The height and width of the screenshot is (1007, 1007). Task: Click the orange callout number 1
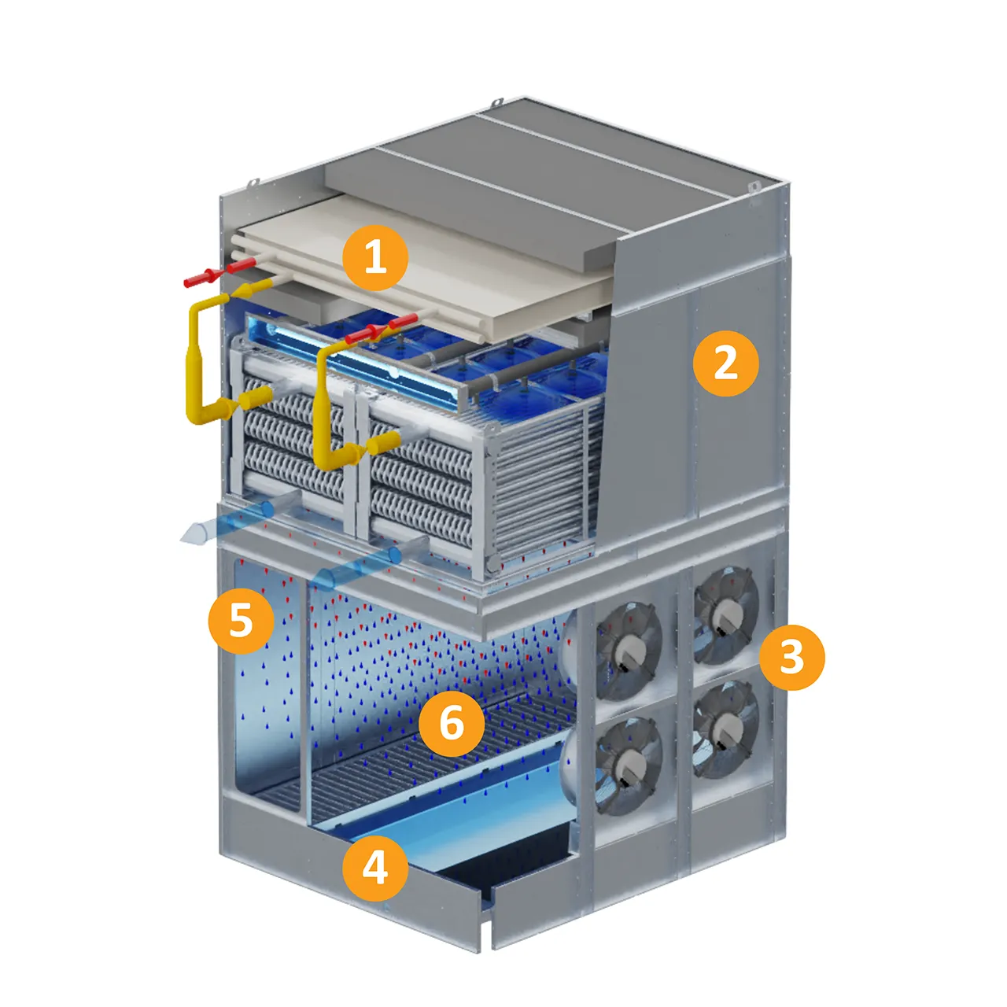tap(374, 258)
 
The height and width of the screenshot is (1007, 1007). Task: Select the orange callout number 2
tap(726, 363)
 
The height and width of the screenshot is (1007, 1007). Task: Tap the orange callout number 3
tap(791, 657)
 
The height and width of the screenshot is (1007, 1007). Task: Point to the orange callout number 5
tap(241, 620)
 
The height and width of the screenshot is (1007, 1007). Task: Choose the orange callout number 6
tap(452, 724)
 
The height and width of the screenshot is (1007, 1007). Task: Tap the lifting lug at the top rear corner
tap(497, 101)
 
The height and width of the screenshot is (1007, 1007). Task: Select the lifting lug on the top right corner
tap(754, 186)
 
